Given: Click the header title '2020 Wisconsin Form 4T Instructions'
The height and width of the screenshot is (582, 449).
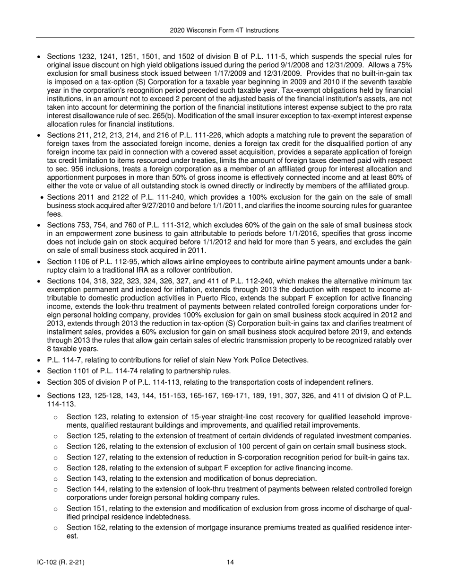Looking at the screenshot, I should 224,30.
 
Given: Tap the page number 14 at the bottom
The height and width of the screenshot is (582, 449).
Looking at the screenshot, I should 230,562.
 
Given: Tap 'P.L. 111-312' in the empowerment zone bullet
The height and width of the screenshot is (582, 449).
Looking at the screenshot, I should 164,225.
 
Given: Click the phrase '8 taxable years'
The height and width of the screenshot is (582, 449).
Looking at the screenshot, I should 66,349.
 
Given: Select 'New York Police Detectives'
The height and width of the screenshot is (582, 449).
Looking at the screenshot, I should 262,360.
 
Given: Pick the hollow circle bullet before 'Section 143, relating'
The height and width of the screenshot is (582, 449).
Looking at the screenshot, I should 56,479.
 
